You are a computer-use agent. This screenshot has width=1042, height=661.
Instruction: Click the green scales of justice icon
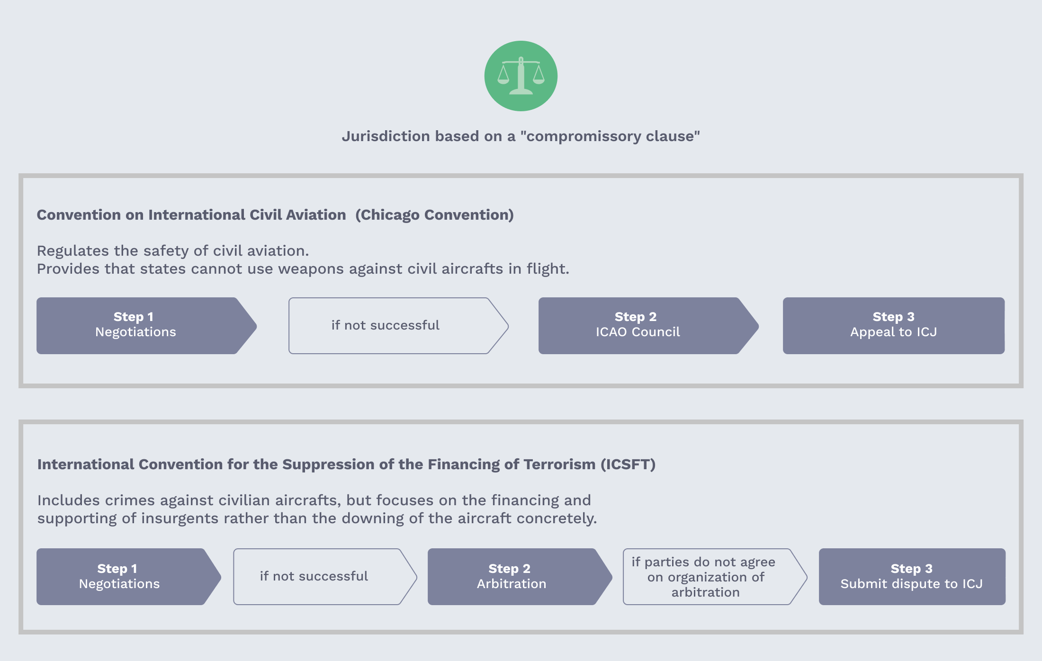tap(521, 76)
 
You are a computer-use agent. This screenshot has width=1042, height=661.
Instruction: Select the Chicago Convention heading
tap(275, 215)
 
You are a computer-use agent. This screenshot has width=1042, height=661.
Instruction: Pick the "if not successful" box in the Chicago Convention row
tap(398, 326)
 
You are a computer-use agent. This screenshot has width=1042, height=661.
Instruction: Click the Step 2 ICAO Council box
tap(648, 326)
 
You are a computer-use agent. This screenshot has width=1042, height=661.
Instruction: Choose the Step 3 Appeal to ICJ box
tap(894, 326)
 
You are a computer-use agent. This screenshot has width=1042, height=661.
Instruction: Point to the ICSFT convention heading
tap(346, 464)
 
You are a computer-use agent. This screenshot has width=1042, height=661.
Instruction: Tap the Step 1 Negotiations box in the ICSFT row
tap(129, 577)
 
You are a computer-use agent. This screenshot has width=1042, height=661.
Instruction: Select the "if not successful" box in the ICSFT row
tap(325, 577)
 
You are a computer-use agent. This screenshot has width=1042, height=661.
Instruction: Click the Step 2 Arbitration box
tap(520, 577)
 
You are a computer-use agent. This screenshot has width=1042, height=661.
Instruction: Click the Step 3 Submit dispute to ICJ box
tap(912, 577)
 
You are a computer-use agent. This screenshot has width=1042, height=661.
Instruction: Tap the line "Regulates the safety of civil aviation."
tap(173, 251)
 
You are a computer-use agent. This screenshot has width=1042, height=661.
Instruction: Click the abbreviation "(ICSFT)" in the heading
tap(628, 464)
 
